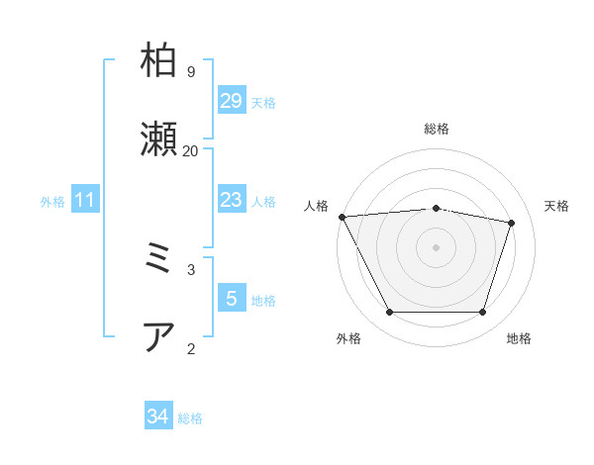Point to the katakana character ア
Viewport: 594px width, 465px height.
[x=159, y=336]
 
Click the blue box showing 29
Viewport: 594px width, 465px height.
[x=231, y=101]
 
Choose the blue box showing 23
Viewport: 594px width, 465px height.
[x=231, y=200]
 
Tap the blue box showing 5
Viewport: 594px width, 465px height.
[x=231, y=299]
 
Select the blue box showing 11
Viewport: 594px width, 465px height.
[x=84, y=200]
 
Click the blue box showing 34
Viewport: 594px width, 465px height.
[x=157, y=417]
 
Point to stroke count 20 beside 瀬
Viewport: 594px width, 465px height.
[x=190, y=150]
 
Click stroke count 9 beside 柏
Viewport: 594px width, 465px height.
[x=190, y=71]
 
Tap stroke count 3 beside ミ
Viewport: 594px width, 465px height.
[x=190, y=269]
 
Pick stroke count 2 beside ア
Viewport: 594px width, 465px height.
[x=190, y=348]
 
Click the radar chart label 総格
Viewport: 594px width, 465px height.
[x=437, y=129]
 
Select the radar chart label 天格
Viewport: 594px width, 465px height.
[x=556, y=206]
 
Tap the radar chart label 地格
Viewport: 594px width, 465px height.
[x=519, y=338]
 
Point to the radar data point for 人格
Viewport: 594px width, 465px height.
[x=342, y=217]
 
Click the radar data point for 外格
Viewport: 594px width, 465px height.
[x=389, y=313]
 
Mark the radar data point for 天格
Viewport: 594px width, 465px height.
[x=511, y=223]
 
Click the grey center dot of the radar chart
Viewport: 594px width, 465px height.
[x=437, y=246]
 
